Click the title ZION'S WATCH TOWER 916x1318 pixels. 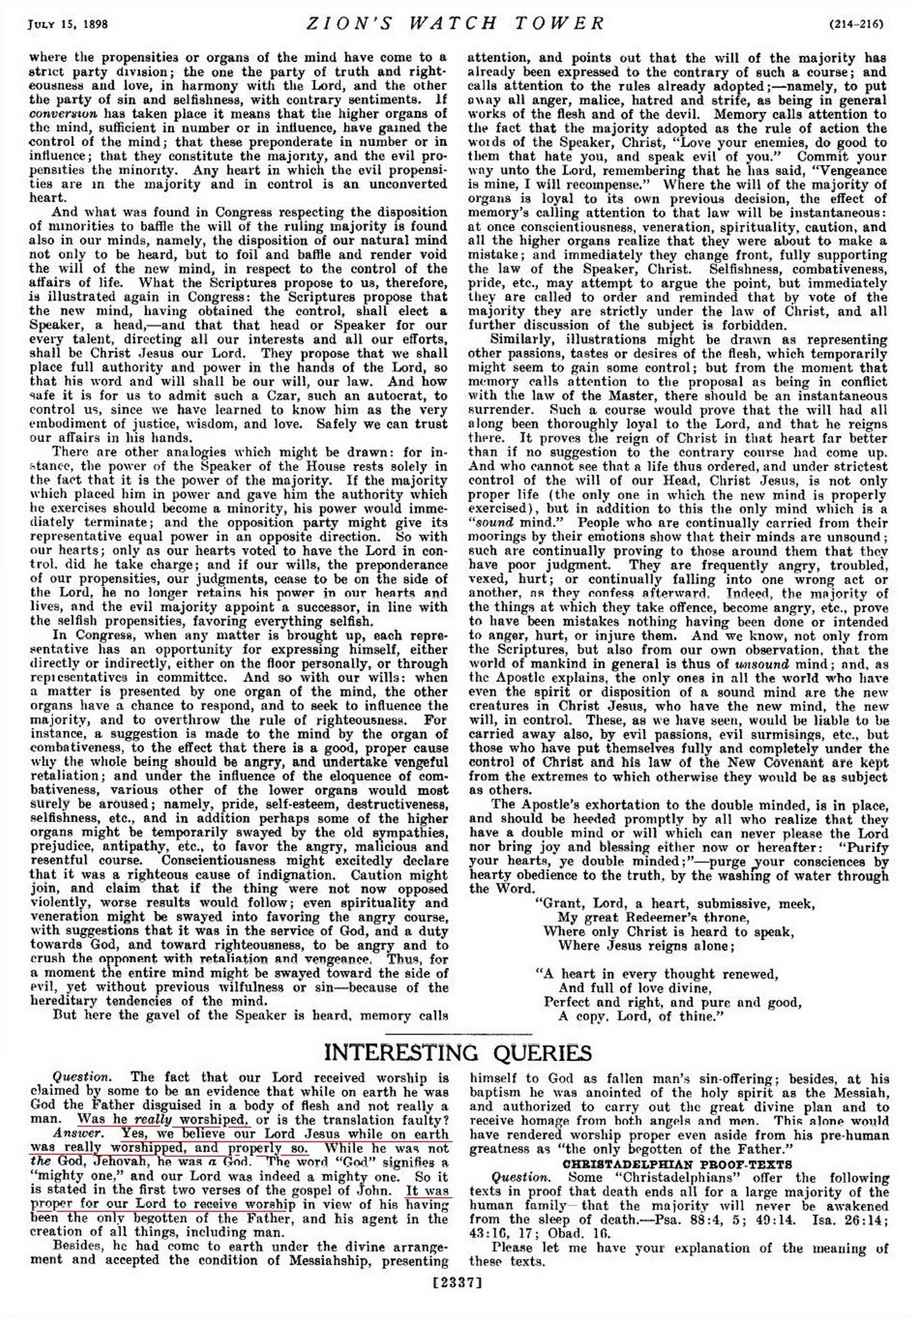(455, 24)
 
